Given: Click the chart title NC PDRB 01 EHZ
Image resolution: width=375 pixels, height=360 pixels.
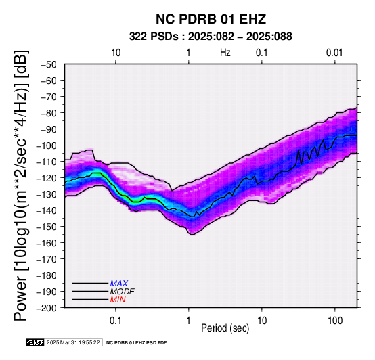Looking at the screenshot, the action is [x=211, y=19].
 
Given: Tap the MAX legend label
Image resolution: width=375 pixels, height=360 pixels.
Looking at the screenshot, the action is [x=119, y=284].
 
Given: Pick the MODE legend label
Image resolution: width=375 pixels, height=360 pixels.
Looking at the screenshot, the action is [x=123, y=292].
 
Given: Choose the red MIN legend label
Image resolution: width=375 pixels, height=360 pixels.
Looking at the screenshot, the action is [x=118, y=300].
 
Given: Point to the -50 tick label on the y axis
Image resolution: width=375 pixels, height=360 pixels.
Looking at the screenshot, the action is [x=49, y=64].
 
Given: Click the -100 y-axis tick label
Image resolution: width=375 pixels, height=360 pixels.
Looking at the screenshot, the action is [x=47, y=145].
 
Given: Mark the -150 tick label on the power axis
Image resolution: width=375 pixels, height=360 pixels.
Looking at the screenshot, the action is [x=47, y=227].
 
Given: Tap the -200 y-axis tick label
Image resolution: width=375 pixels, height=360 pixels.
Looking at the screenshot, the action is [x=47, y=308].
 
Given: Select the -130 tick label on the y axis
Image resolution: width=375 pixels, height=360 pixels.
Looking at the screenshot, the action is [x=47, y=194].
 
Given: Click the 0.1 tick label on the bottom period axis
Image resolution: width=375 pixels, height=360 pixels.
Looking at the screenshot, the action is [x=116, y=321].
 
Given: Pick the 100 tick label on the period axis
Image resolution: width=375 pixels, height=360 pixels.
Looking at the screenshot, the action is [x=335, y=321].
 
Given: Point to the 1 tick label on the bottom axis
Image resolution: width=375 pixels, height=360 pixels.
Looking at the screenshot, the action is [x=189, y=321].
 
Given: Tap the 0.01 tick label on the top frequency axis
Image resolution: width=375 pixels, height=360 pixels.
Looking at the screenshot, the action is [x=334, y=53].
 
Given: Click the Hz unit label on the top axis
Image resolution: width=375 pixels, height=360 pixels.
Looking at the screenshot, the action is [x=225, y=53].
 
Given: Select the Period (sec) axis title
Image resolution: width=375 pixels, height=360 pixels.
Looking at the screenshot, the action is [x=225, y=328].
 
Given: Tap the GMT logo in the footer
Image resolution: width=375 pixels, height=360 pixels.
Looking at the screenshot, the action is [x=35, y=342].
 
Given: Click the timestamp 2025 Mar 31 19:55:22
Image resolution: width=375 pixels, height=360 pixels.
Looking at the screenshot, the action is [x=73, y=342].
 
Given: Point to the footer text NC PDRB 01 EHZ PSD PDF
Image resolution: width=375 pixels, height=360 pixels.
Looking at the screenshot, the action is [x=136, y=343].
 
